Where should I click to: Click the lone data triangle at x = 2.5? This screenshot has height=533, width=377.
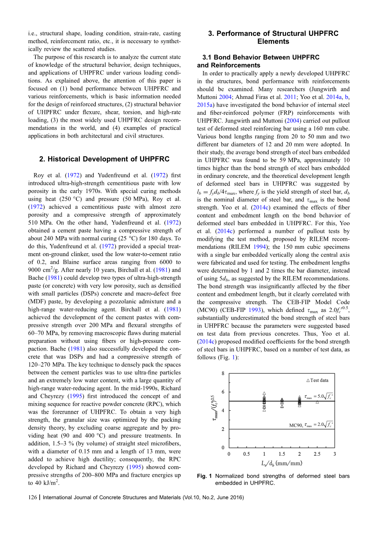pos(317,402)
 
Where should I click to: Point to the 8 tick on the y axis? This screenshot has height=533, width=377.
pos(223,373)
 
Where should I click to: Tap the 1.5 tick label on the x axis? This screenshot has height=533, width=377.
pos(282,454)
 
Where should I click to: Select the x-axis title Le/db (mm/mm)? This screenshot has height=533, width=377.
pos(281,463)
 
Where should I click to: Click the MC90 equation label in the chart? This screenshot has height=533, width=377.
pos(311,425)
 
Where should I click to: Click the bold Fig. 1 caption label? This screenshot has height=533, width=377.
pos(204,476)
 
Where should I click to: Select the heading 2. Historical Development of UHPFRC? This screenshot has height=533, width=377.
pos(104,159)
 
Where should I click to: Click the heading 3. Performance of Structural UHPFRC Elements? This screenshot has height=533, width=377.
pos(273,37)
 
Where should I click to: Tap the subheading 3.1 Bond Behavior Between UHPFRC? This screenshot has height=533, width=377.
pos(261,57)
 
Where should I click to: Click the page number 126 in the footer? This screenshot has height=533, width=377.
pos(33,498)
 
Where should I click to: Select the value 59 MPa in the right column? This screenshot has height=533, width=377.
pos(278,160)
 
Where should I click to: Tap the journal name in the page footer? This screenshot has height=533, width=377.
pos(112,498)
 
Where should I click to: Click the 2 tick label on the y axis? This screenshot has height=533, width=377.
pos(223,429)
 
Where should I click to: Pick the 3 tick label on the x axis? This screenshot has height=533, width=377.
pos(335,454)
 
